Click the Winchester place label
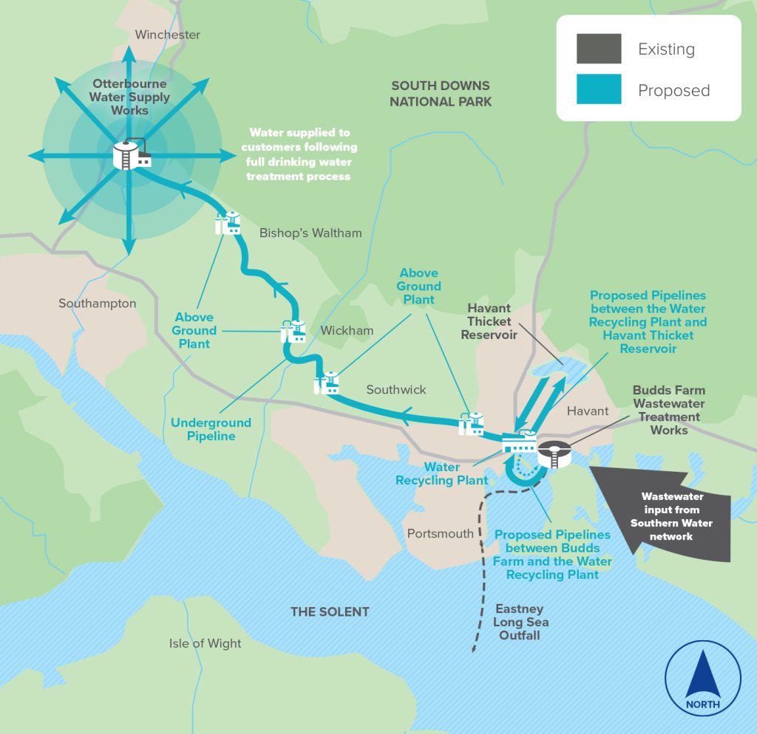168,35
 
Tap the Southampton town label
98,303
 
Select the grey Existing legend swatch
599,49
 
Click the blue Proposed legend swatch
599,90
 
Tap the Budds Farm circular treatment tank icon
554,453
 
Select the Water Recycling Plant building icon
518,442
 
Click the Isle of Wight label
205,643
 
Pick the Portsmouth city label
440,533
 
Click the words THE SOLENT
329,611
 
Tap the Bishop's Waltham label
310,233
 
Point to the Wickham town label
347,330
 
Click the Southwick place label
396,389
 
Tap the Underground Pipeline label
211,429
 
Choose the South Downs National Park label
441,94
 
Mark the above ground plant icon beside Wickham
293,331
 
